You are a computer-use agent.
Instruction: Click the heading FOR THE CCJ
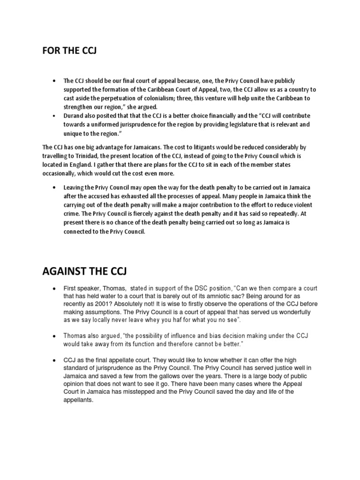(x=69, y=50)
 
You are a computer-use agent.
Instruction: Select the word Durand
(x=74, y=116)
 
